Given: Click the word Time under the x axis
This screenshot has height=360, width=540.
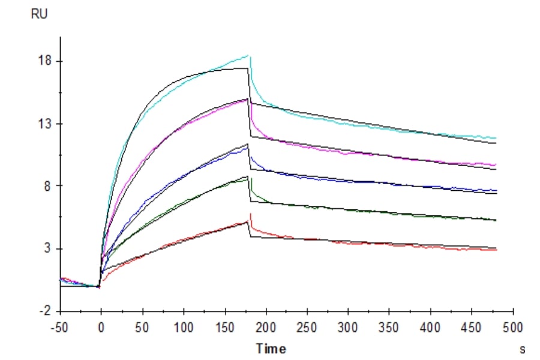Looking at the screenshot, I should pyautogui.click(x=271, y=349).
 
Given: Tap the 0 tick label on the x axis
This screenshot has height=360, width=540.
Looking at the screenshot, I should pyautogui.click(x=101, y=328).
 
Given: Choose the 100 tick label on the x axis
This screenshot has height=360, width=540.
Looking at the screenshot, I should pyautogui.click(x=184, y=328).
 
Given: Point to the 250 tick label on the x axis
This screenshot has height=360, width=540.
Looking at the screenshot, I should pyautogui.click(x=307, y=328).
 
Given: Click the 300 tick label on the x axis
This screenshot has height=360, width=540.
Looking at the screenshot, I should pyautogui.click(x=349, y=328).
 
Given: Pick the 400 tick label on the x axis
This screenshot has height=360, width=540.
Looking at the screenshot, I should pyautogui.click(x=431, y=328).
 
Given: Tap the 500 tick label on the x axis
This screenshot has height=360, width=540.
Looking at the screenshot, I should pyautogui.click(x=513, y=328).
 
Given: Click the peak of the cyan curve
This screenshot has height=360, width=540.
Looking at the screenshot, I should pyautogui.click(x=248, y=55).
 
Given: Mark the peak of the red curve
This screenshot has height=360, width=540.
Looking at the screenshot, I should pyautogui.click(x=250, y=214).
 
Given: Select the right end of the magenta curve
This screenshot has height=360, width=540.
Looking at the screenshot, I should pyautogui.click(x=496, y=164).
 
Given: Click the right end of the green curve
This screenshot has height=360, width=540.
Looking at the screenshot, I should pyautogui.click(x=496, y=220).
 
